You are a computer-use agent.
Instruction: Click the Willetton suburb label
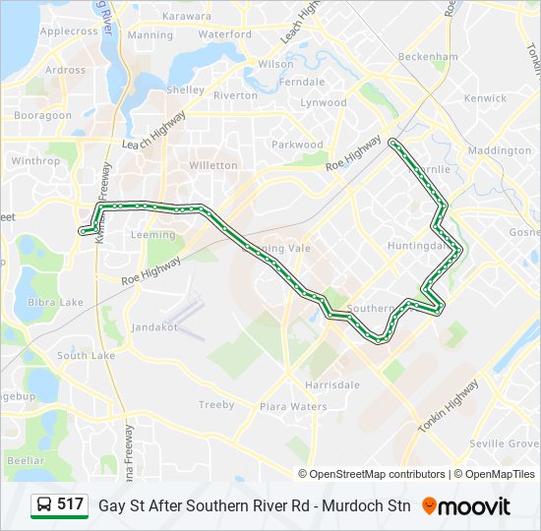tap(212, 165)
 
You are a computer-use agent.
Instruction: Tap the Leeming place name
tap(152, 235)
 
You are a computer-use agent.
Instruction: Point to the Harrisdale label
tap(332, 384)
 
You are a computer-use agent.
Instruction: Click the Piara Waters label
tap(293, 406)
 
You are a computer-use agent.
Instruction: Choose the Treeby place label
tap(216, 404)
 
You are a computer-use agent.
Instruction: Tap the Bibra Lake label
tap(55, 302)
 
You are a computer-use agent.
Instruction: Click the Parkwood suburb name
tap(297, 145)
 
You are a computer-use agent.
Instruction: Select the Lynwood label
tap(324, 102)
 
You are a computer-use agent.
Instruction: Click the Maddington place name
tap(499, 150)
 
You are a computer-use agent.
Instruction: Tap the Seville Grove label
tap(501, 443)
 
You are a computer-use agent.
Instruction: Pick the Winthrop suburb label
tap(35, 160)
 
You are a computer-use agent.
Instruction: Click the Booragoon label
tap(42, 115)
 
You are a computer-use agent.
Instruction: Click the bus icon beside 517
tap(44, 505)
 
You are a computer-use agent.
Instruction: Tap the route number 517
tap(70, 505)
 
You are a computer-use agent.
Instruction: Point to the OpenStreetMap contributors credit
tap(378, 474)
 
